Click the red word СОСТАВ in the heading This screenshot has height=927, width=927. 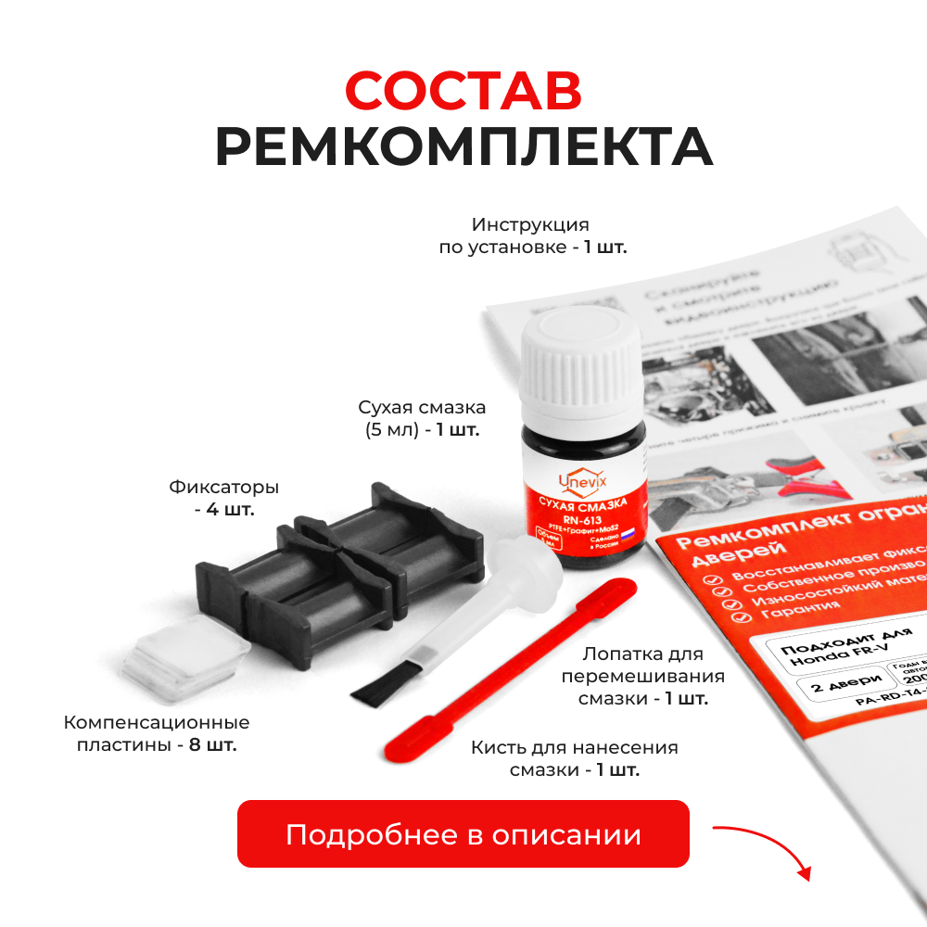[463, 90]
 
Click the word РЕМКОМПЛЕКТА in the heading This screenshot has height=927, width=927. [463, 147]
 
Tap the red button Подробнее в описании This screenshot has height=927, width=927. [463, 834]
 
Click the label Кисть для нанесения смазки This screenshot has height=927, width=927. [574, 758]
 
